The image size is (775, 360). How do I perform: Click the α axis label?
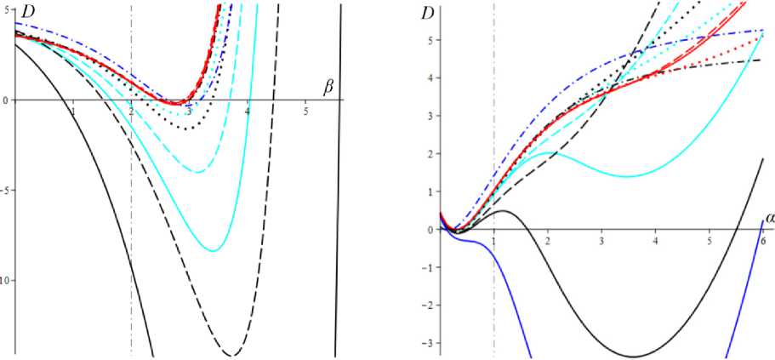[x=770, y=218]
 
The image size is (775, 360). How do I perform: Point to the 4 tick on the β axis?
[x=247, y=111]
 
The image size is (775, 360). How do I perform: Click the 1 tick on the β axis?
[x=74, y=111]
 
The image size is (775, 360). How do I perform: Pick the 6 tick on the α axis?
[x=762, y=241]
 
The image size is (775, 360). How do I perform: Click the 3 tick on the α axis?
[x=602, y=241]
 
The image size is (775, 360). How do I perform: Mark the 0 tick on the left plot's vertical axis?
[x=6, y=100]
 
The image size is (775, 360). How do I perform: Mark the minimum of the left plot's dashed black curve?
[x=231, y=355]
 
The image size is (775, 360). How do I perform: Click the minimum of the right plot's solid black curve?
[x=633, y=357]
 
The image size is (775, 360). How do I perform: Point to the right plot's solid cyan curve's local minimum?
[x=627, y=176]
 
